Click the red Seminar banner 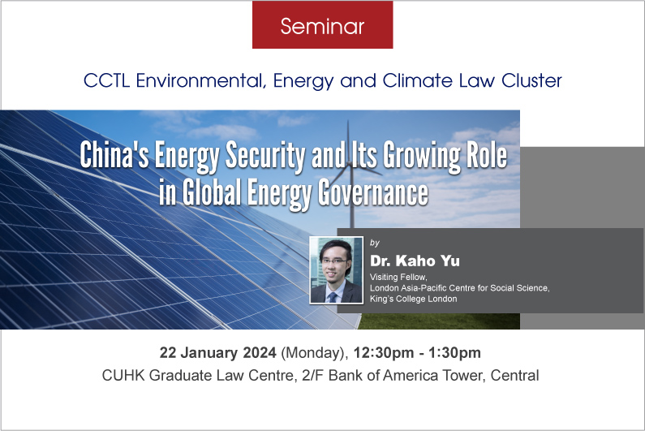click(x=323, y=24)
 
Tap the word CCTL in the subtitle click(x=106, y=80)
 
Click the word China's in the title click(x=114, y=155)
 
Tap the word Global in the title click(x=212, y=192)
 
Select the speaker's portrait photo click(x=336, y=270)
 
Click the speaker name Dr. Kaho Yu click(x=415, y=261)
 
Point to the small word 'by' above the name click(x=374, y=243)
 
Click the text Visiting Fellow click(x=398, y=277)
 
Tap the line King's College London click(x=413, y=299)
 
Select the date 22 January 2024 click(x=217, y=353)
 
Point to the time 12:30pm click(x=384, y=353)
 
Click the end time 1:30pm click(x=454, y=353)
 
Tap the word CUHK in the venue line click(x=123, y=376)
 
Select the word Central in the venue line click(x=514, y=376)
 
